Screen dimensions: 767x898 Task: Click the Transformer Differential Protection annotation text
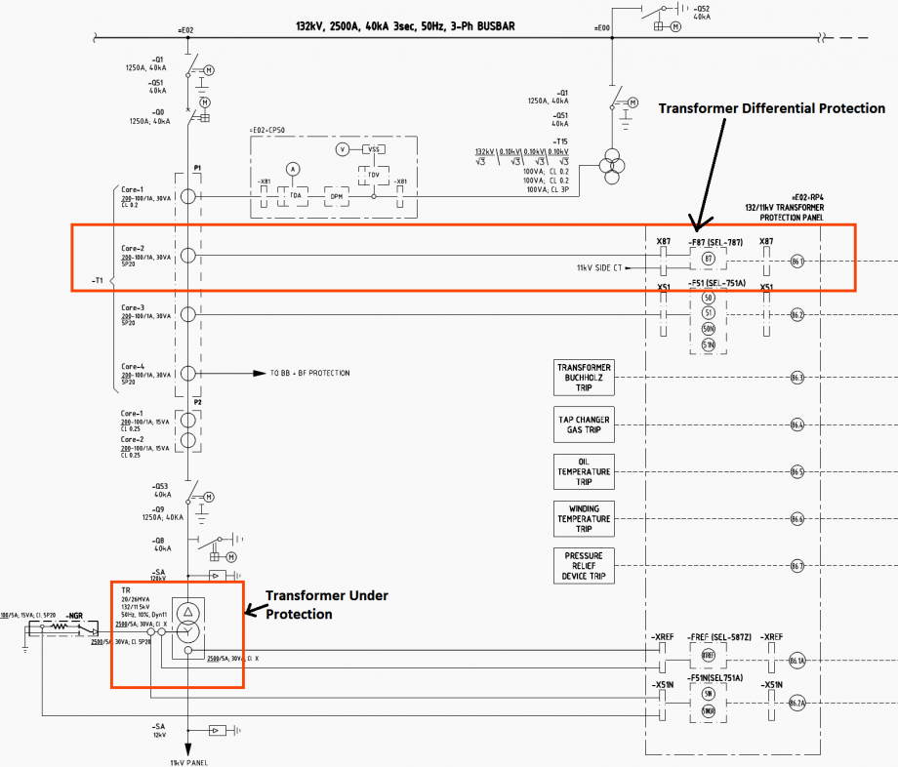point(771,108)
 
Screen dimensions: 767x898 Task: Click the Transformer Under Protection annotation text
point(327,604)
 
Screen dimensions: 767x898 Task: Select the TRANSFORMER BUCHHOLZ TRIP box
point(584,377)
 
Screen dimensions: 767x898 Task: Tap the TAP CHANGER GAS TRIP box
point(584,424)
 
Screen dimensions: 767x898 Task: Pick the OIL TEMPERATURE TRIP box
point(584,471)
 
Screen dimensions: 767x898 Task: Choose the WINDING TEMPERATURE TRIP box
point(584,519)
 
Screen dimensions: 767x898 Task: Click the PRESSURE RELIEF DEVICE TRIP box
point(584,566)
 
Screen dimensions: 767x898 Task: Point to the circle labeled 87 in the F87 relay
point(709,259)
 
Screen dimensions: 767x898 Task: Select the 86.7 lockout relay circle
point(797,566)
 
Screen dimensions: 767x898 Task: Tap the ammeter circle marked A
point(292,169)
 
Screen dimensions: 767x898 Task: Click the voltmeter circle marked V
point(342,149)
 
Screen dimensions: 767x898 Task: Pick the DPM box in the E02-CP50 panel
point(336,196)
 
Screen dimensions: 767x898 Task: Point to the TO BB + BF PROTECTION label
point(309,374)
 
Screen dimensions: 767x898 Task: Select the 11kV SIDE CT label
point(600,267)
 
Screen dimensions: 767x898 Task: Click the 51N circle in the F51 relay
point(709,345)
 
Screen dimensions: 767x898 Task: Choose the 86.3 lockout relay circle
point(797,377)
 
